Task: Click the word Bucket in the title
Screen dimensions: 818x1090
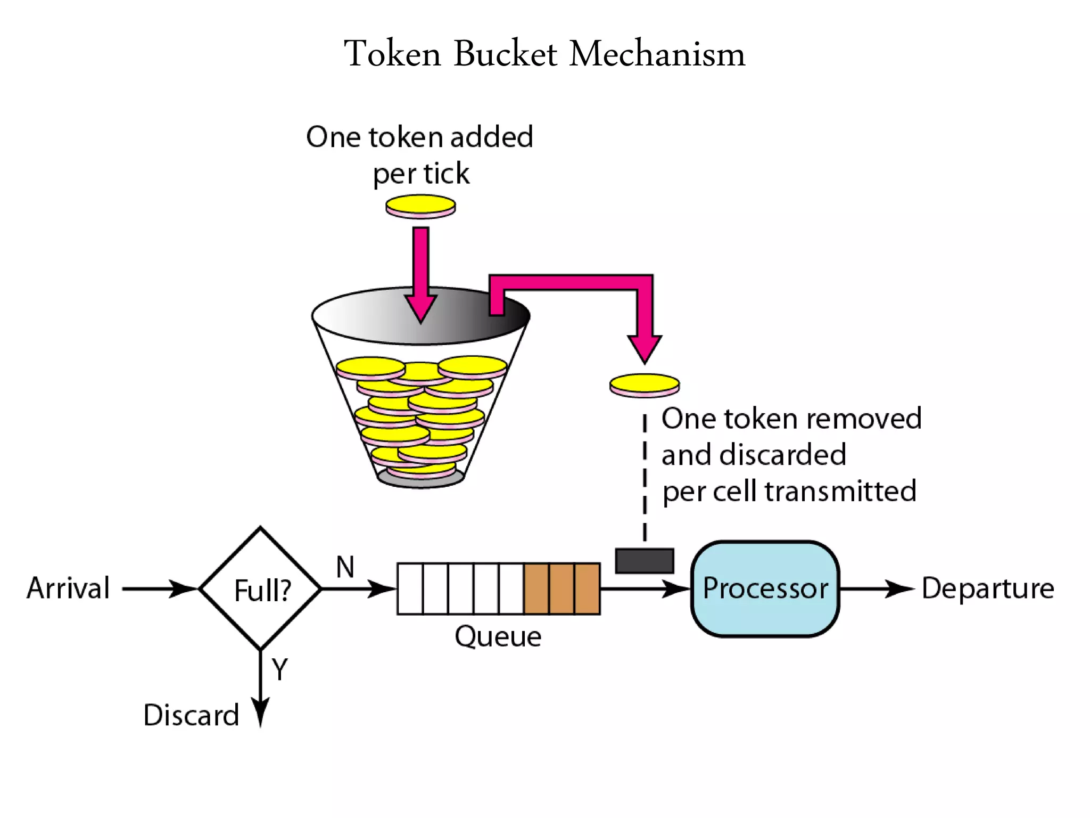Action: (505, 54)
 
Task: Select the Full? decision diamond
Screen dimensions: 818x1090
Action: (260, 588)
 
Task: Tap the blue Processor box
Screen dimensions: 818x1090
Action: (765, 588)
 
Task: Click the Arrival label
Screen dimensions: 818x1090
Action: (68, 588)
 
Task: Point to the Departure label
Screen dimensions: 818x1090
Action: (987, 588)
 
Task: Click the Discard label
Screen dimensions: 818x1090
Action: (191, 715)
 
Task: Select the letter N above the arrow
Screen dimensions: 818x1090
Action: (345, 567)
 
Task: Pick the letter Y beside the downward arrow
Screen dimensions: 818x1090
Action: (279, 669)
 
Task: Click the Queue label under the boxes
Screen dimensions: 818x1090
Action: (498, 636)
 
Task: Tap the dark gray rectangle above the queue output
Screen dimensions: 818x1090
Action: (644, 561)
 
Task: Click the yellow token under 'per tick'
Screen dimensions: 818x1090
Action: (420, 206)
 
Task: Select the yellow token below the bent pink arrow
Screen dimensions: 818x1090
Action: (644, 385)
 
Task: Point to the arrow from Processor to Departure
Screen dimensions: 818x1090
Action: (876, 588)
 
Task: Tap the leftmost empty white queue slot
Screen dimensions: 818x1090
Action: (410, 588)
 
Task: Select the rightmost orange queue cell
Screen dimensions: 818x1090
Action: (587, 588)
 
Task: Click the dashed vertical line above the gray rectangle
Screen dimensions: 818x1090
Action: (645, 479)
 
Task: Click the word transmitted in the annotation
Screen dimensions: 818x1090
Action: (840, 491)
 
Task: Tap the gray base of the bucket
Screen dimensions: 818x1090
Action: (420, 479)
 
